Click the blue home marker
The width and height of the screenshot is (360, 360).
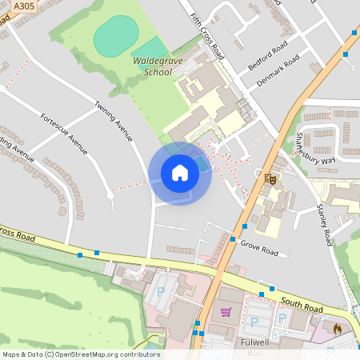coord(180,173)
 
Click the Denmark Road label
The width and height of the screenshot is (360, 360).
coord(277,71)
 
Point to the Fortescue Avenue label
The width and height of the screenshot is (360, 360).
coord(63,134)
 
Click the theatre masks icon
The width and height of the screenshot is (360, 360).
coord(270,178)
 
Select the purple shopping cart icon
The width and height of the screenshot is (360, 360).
coord(226,311)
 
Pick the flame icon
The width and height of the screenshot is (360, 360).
coord(337,327)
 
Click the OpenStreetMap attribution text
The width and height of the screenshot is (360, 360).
coord(80,354)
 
